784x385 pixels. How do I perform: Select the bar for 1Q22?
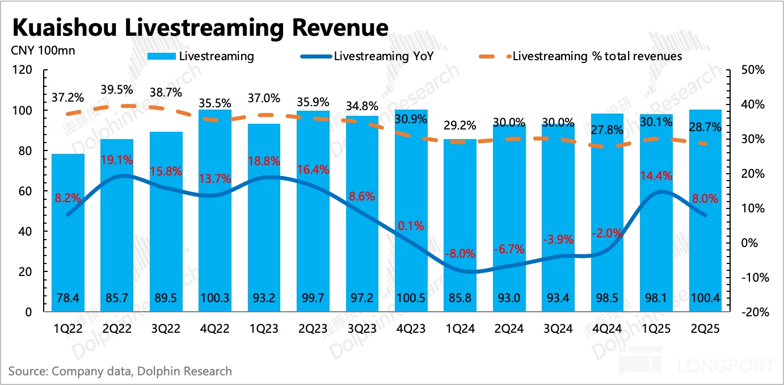click(69, 233)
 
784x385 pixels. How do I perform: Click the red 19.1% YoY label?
click(117, 160)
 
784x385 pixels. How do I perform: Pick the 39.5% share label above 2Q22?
click(117, 90)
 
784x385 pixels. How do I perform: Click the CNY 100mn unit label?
click(43, 50)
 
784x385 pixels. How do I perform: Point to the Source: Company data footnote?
click(120, 371)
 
